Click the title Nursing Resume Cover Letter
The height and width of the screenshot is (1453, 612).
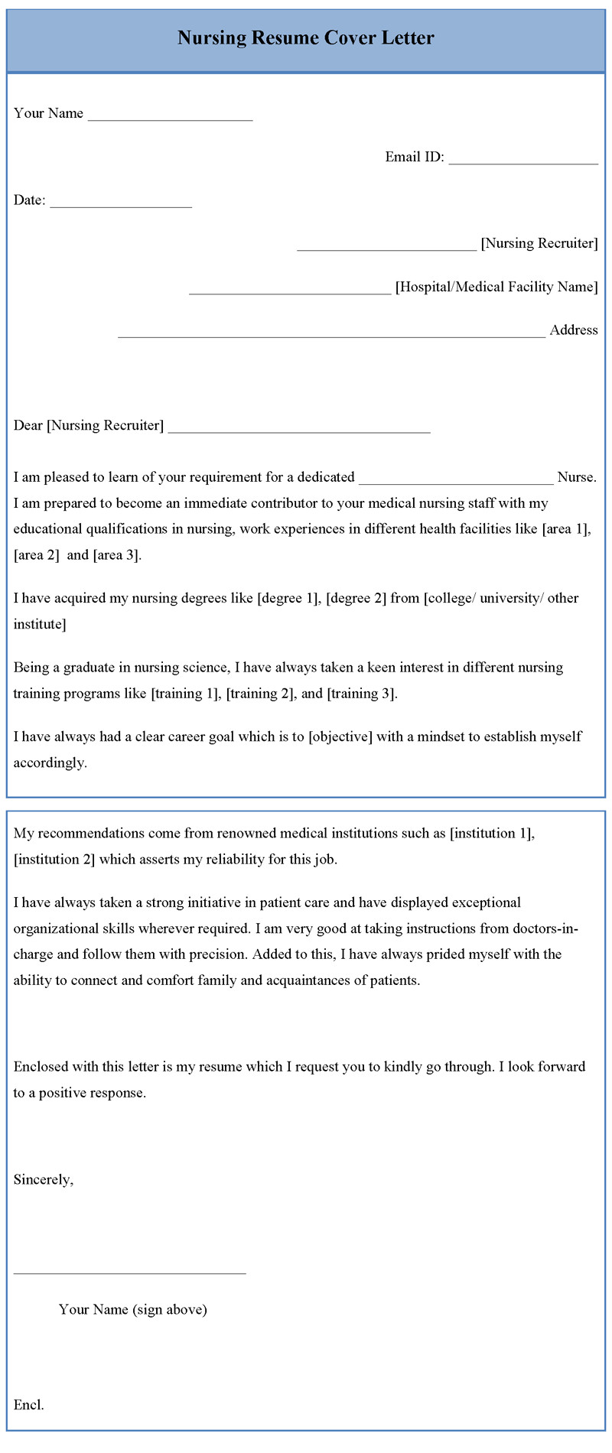click(x=306, y=37)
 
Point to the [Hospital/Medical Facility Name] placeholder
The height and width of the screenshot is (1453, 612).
click(x=496, y=287)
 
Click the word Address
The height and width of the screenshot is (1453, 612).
click(x=574, y=330)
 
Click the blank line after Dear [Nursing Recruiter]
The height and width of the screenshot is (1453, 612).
click(x=299, y=431)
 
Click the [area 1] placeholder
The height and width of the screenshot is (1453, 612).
click(x=566, y=528)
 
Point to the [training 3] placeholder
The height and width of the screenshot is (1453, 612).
click(x=362, y=694)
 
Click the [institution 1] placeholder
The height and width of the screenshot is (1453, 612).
click(x=492, y=833)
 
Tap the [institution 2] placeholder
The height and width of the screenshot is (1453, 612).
click(x=54, y=859)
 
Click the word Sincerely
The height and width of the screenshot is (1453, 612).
click(x=44, y=1179)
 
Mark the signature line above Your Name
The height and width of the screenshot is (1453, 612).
click(x=130, y=1273)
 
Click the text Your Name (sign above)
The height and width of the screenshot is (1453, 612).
click(x=132, y=1309)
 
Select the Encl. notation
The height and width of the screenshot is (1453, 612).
click(x=29, y=1405)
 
